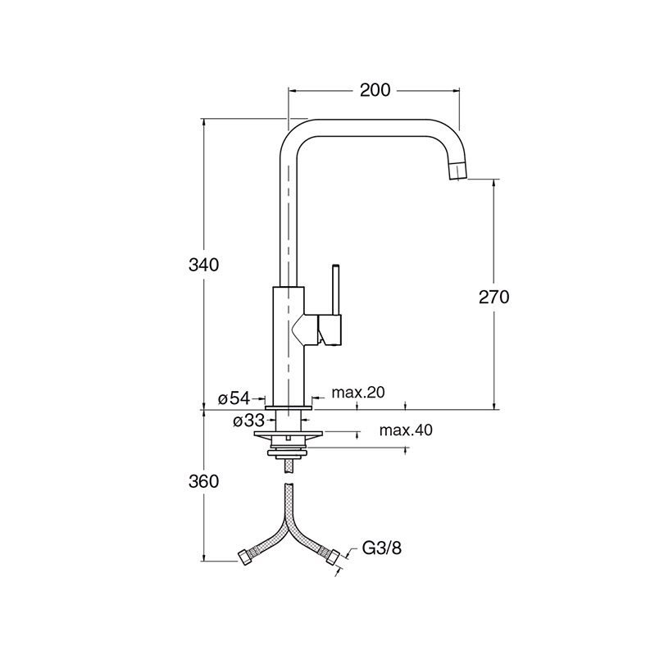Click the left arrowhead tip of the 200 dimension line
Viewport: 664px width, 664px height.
click(289, 90)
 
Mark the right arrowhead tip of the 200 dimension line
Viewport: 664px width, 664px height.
click(459, 90)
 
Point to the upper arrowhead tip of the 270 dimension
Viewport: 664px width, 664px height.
click(493, 180)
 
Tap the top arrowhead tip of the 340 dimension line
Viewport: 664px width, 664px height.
click(204, 119)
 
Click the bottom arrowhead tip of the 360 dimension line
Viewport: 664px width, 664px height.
click(204, 562)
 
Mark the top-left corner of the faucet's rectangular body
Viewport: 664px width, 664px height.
click(272, 287)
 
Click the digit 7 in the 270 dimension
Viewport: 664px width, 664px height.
click(493, 298)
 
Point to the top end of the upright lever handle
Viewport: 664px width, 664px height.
click(337, 265)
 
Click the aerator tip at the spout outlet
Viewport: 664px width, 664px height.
click(458, 171)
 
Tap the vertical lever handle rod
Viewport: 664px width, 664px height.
click(337, 289)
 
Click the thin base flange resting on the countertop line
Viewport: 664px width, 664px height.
click(288, 407)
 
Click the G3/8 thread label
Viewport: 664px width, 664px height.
click(382, 548)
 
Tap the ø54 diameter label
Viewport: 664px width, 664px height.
click(234, 398)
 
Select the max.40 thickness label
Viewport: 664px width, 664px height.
click(406, 430)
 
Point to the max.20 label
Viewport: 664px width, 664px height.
click(358, 393)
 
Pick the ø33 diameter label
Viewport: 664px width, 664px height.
click(248, 421)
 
